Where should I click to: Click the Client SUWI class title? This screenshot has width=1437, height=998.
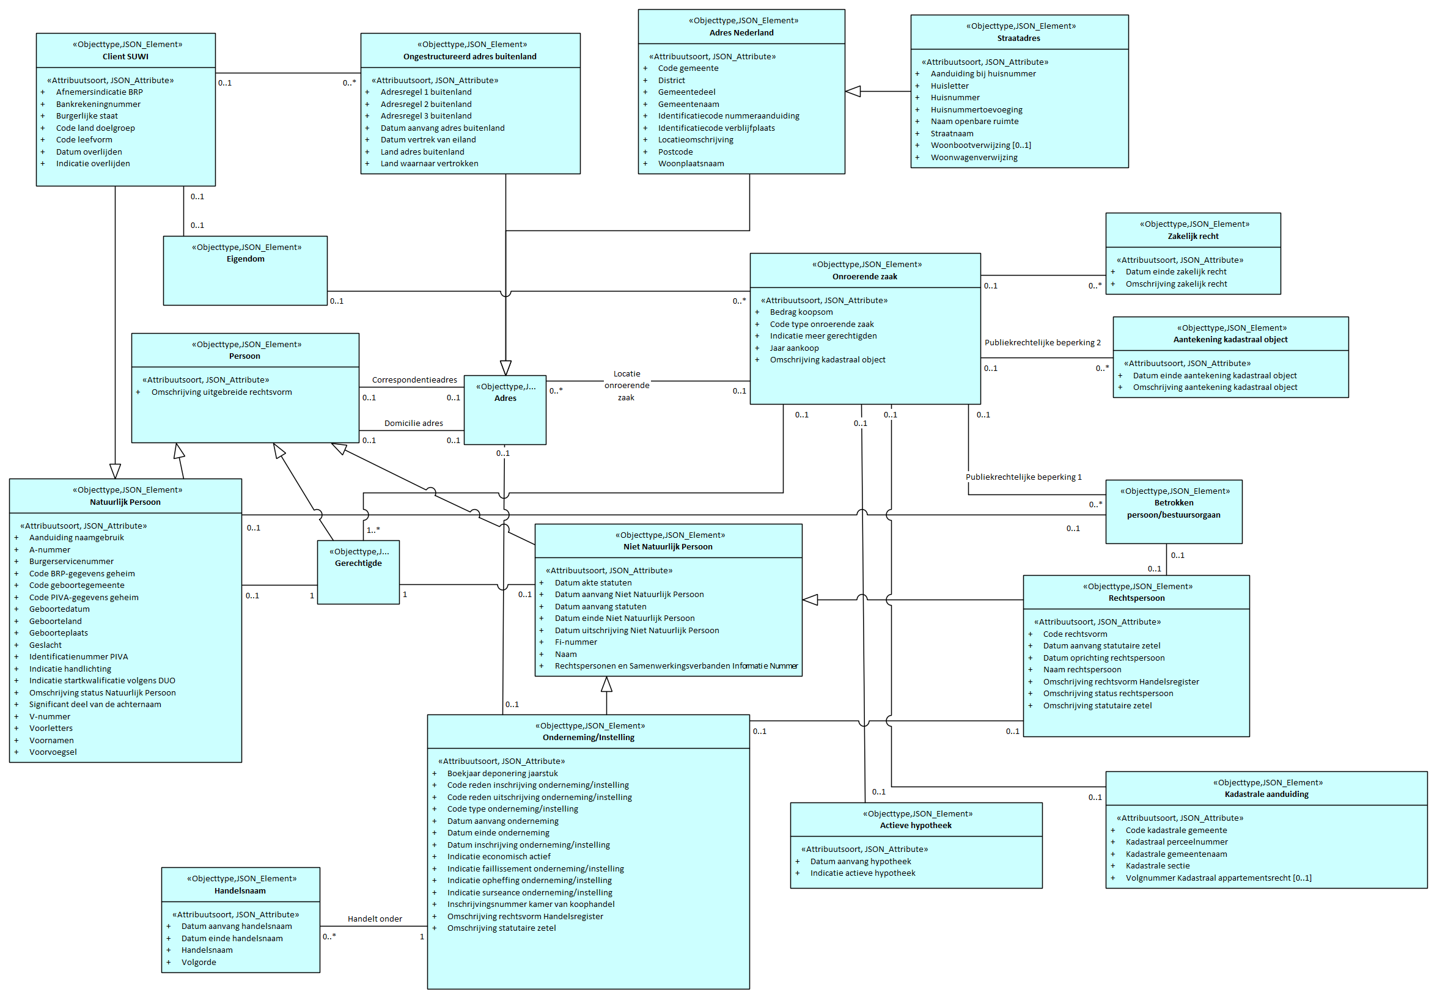pyautogui.click(x=125, y=57)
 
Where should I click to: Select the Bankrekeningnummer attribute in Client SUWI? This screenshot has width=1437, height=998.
pyautogui.click(x=98, y=105)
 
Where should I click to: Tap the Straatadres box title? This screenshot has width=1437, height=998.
pyautogui.click(x=1018, y=39)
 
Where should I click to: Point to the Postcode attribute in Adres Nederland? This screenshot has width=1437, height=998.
pyautogui.click(x=675, y=152)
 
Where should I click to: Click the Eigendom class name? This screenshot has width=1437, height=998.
pyautogui.click(x=245, y=259)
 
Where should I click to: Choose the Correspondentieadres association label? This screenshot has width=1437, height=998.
pyautogui.click(x=414, y=380)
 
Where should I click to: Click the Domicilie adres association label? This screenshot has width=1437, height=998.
pyautogui.click(x=413, y=424)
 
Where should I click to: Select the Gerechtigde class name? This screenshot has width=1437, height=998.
pyautogui.click(x=358, y=563)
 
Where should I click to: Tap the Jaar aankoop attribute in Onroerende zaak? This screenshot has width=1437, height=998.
pyautogui.click(x=793, y=348)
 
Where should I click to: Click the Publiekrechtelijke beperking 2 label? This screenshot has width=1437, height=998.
pyautogui.click(x=1042, y=343)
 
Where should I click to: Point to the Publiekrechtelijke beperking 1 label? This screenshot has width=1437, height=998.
pyautogui.click(x=1023, y=477)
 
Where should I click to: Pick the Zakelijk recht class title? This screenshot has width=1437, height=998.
pyautogui.click(x=1193, y=237)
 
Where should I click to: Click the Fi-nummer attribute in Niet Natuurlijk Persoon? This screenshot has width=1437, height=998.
pyautogui.click(x=575, y=642)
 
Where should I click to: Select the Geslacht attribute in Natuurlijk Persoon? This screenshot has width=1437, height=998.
pyautogui.click(x=45, y=645)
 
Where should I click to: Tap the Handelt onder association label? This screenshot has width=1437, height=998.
pyautogui.click(x=375, y=919)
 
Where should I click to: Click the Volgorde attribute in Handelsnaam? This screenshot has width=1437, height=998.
pyautogui.click(x=198, y=963)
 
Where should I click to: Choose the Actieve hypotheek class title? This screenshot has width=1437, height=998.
pyautogui.click(x=916, y=826)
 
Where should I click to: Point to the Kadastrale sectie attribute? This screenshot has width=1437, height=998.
pyautogui.click(x=1157, y=866)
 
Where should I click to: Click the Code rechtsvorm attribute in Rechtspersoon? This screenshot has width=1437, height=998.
pyautogui.click(x=1075, y=634)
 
